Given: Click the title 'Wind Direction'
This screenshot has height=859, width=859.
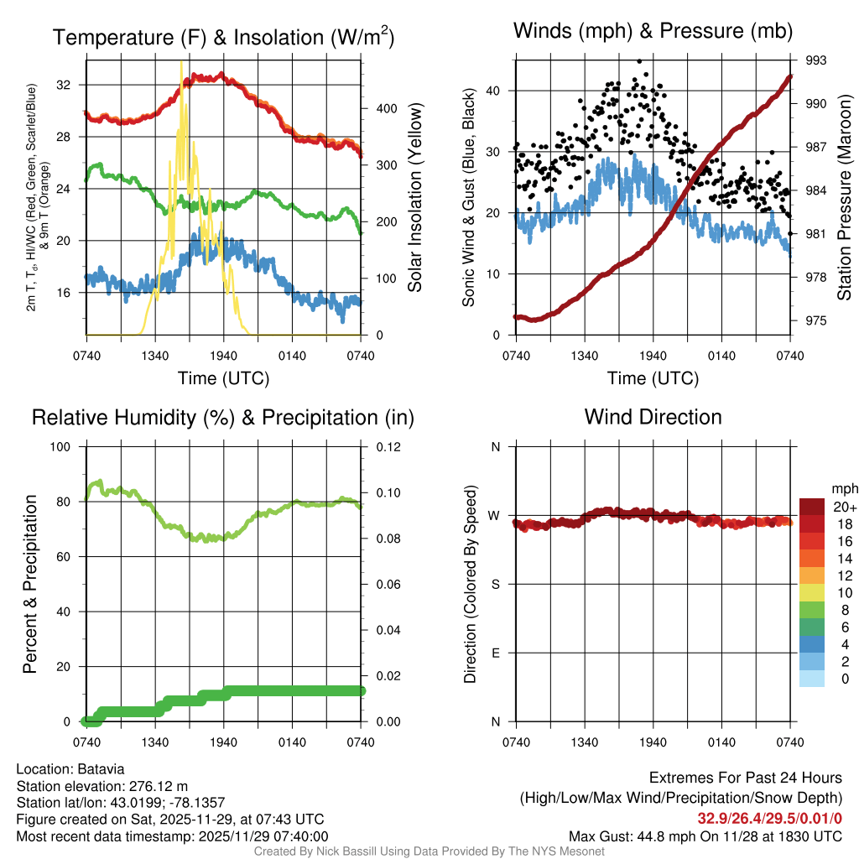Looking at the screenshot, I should [653, 417].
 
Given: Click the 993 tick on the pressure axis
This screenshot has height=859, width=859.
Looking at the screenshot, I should [817, 60].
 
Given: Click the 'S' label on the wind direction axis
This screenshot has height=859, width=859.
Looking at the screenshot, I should [495, 585].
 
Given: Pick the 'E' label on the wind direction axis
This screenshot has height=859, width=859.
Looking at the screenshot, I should [495, 653].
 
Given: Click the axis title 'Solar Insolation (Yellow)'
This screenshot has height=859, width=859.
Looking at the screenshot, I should [414, 198].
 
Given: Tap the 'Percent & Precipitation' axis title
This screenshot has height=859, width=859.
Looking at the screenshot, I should [29, 584].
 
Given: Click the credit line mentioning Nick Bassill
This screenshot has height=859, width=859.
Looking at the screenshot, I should [429, 851].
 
